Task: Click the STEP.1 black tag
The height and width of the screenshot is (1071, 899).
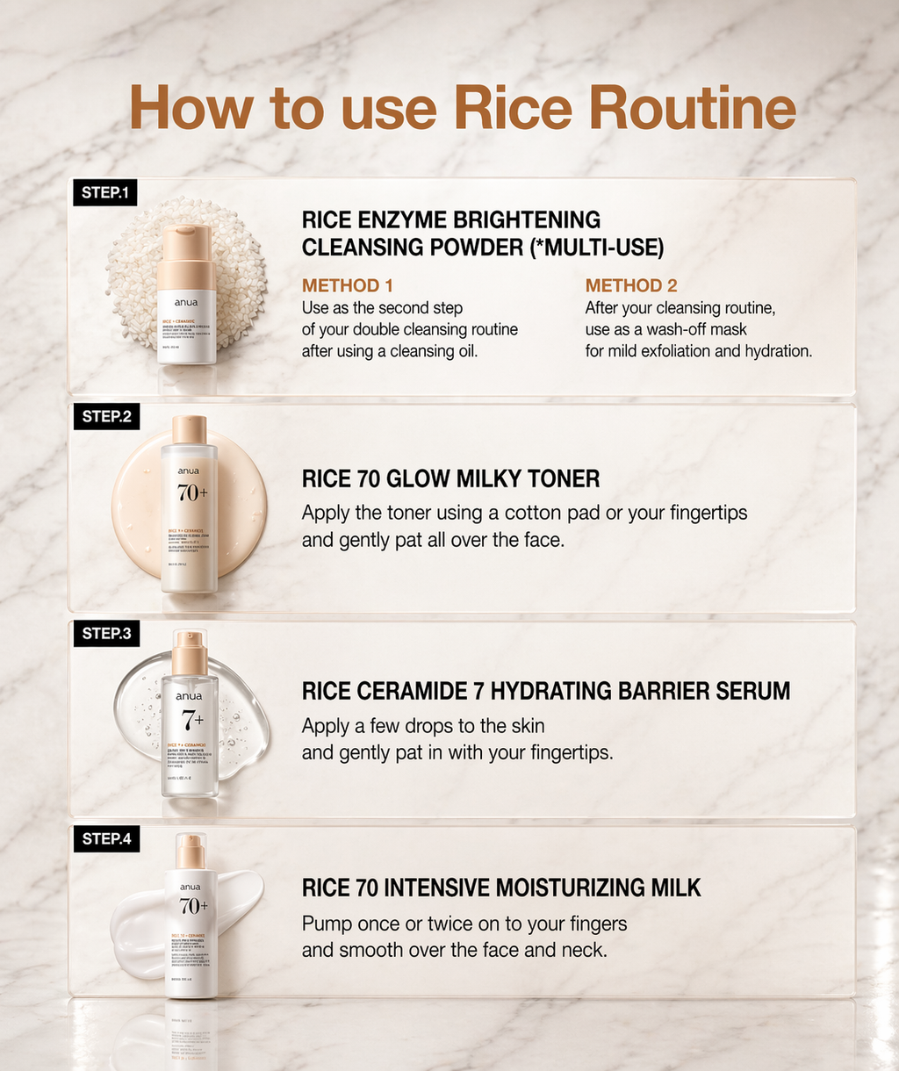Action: tap(104, 193)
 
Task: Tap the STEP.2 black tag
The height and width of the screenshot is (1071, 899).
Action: tap(106, 416)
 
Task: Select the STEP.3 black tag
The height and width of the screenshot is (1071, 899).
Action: tap(106, 633)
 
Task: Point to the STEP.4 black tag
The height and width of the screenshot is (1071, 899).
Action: tap(106, 838)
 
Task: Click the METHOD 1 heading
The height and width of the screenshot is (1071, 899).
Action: tap(347, 285)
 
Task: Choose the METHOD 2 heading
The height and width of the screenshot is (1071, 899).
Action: tap(630, 285)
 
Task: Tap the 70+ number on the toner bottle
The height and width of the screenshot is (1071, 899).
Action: tap(192, 493)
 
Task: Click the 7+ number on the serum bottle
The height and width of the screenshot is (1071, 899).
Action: tap(192, 719)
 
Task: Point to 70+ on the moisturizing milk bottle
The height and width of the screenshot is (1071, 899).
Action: tap(193, 906)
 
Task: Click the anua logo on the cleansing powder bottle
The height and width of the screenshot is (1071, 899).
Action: tap(187, 303)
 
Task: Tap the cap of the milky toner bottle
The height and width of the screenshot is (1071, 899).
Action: tap(189, 429)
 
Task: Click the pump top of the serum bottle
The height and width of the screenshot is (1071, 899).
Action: tap(189, 651)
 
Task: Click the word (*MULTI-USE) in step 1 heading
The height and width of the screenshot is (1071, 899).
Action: tap(597, 248)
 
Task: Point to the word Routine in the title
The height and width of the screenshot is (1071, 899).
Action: tap(693, 109)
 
